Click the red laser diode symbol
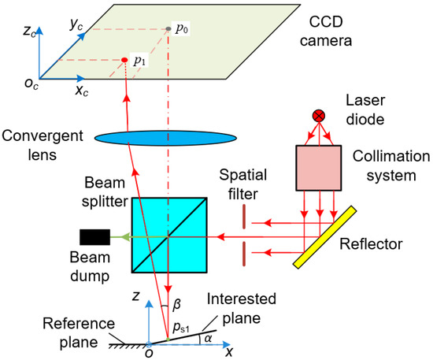(x=319, y=116)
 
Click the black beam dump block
(x=95, y=236)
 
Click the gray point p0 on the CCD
(x=168, y=30)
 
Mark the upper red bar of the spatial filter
(x=245, y=216)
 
